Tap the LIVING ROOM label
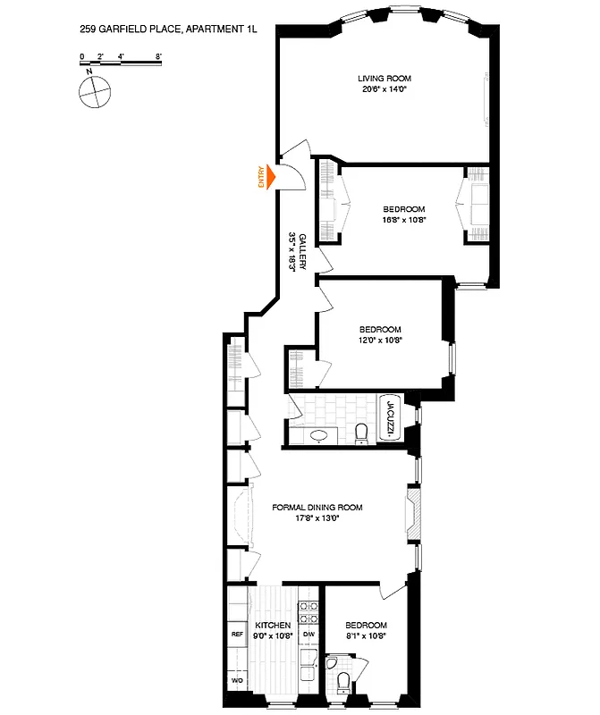tap(384, 79)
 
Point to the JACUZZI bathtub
tap(390, 418)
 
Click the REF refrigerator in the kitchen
tap(237, 634)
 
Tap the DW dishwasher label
tap(308, 634)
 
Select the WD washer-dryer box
tap(237, 680)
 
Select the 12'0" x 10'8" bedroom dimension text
tap(380, 340)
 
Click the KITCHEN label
tap(273, 625)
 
